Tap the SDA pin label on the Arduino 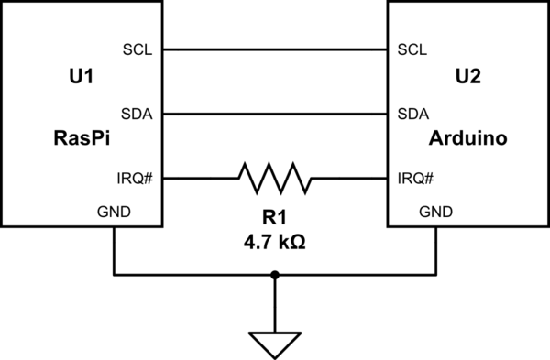click(x=412, y=114)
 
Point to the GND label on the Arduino click(x=435, y=212)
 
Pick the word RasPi click(x=82, y=139)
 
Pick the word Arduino click(x=467, y=139)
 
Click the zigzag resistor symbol click(x=275, y=178)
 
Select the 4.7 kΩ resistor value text click(x=275, y=245)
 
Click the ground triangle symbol click(x=275, y=344)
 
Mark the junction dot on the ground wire click(x=275, y=274)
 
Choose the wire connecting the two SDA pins click(x=275, y=114)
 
